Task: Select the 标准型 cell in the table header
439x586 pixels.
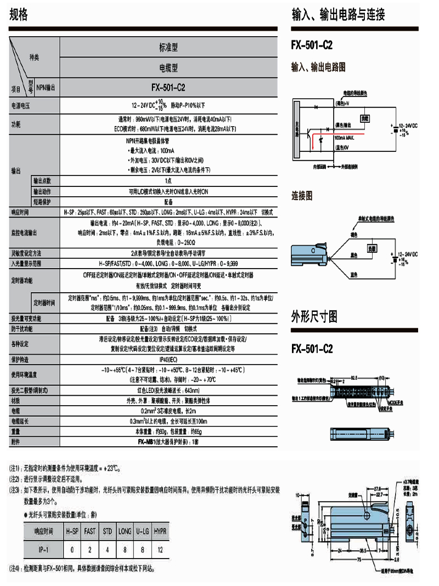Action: point(168,48)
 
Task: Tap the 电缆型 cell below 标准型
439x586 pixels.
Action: point(168,68)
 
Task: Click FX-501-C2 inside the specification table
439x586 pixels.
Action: point(168,87)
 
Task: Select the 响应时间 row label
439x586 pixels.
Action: point(20,212)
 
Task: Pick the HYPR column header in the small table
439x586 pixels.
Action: point(160,531)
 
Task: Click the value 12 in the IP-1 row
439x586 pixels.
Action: point(160,549)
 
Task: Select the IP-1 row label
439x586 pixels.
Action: point(43,549)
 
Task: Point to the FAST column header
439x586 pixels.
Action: point(89,531)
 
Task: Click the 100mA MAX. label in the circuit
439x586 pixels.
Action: point(345,139)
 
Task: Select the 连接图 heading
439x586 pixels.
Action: point(302,195)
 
